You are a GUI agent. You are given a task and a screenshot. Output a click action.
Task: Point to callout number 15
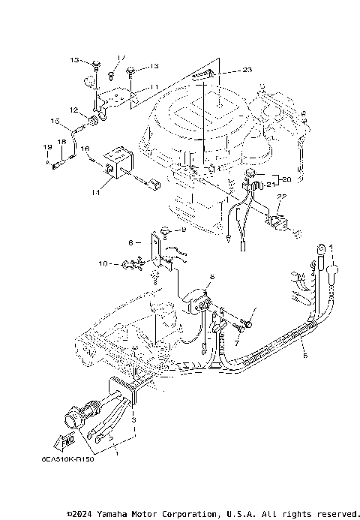[x=55, y=121]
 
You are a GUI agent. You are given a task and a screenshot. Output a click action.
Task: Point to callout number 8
[x=130, y=242]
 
